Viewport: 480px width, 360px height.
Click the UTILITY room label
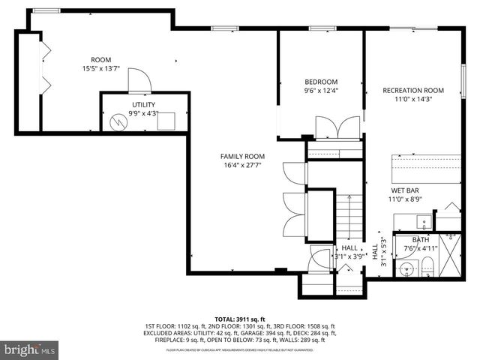[x=143, y=105]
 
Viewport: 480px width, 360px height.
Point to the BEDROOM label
[x=321, y=82]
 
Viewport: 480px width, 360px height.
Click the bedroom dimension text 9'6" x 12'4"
[x=321, y=91]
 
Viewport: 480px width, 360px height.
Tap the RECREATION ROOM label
[x=413, y=90]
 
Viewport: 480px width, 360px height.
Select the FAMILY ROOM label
[x=242, y=156]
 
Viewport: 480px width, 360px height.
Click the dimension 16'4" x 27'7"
[x=242, y=166]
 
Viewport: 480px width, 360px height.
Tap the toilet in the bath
[x=427, y=265]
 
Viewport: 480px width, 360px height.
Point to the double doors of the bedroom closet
[x=331, y=127]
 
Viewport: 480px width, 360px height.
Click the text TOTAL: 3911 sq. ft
[x=241, y=318]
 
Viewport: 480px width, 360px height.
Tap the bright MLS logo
[x=30, y=349]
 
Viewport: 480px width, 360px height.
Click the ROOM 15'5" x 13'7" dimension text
[x=100, y=69]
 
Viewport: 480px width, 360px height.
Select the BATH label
[x=421, y=239]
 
